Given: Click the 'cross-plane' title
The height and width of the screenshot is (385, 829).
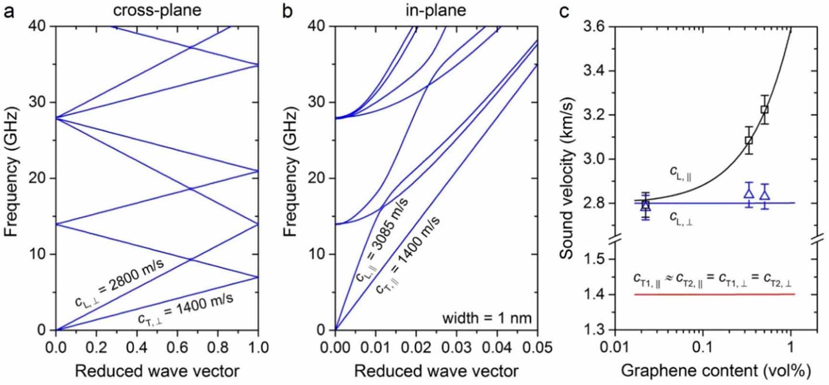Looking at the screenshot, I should pyautogui.click(x=157, y=10).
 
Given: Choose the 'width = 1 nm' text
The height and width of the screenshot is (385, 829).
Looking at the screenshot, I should pyautogui.click(x=487, y=318).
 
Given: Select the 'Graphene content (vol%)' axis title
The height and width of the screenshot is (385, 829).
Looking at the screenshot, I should pyautogui.click(x=716, y=371).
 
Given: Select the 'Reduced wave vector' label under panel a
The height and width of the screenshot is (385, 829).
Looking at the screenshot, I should pyautogui.click(x=157, y=371).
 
